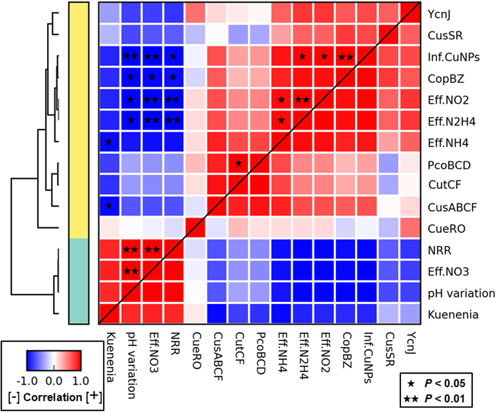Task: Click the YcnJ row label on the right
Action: pos(439,15)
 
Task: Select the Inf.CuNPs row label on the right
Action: pos(454,57)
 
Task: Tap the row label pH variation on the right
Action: pos(461,293)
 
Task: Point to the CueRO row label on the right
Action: pos(446,229)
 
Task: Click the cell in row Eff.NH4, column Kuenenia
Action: pos(109,143)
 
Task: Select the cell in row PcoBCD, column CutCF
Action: pos(238,164)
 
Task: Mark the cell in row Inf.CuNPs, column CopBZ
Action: pos(346,57)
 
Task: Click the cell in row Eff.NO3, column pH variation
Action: pos(130,271)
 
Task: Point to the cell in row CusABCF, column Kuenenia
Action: pos(109,207)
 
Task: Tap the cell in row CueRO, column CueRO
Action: pos(195,228)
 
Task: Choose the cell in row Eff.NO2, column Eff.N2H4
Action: pos(303,100)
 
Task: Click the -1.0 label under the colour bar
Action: pos(28,381)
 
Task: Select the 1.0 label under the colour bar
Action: pos(81,381)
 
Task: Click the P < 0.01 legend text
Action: pos(445,399)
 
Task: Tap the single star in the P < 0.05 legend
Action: pos(411,383)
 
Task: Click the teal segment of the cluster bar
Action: pos(79,281)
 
